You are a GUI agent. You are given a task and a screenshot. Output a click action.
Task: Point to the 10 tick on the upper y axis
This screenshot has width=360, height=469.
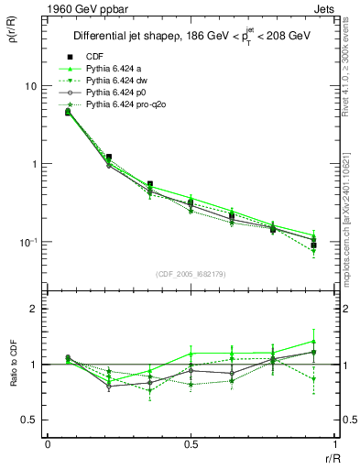coord(30,85)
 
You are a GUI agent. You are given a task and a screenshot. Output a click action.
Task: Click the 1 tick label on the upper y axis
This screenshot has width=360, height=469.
coord(33,164)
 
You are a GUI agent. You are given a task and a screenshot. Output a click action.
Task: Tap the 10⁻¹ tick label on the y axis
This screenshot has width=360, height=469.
coord(28,242)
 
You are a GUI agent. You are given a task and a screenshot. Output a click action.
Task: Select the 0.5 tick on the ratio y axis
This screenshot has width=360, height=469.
coord(28,420)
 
